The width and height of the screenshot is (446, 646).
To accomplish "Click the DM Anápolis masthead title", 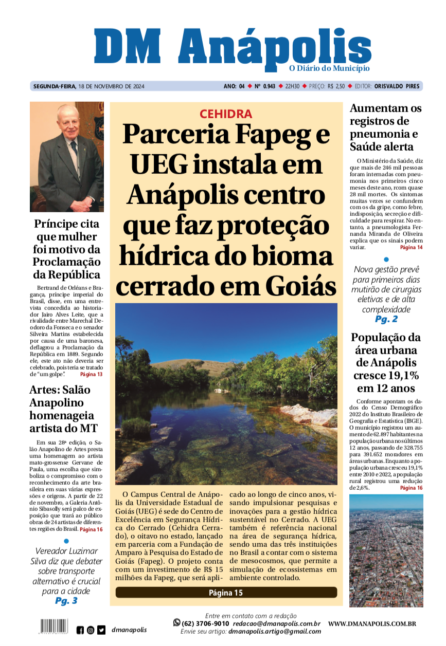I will pos(232,48).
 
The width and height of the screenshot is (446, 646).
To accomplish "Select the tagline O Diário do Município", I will pos(329,68).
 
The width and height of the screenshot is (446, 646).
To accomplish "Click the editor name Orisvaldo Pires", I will pos(397,86).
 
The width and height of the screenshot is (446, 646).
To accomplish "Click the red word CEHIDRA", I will pos(226,114).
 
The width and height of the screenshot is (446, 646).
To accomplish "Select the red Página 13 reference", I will pos(91,374).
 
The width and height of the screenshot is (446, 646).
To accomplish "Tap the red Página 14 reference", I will pos(411,248).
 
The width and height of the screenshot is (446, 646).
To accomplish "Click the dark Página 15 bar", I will pos(226,593).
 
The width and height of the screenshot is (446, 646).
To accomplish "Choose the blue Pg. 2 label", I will pos(386,320).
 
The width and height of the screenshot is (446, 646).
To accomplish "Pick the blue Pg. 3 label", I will pos(66,601).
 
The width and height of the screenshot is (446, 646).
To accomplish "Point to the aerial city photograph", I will pos(386,550).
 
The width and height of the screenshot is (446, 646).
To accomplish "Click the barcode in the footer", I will pos(53,626).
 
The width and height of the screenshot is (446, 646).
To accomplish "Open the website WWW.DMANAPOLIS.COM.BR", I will pos(372,624).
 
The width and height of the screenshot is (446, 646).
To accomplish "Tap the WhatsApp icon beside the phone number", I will pos(177,622).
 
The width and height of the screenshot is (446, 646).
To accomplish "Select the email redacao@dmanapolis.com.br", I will pos(278,623).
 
